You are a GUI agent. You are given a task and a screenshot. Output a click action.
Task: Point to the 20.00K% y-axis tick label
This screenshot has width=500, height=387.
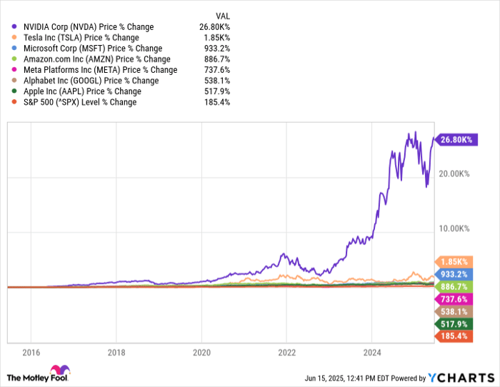point(454,174)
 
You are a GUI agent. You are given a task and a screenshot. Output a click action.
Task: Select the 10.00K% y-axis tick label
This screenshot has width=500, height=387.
point(454,228)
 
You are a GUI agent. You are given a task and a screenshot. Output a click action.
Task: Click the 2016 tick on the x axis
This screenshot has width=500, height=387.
point(31,352)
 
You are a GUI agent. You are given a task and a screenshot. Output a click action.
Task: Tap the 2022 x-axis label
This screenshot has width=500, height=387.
point(286,352)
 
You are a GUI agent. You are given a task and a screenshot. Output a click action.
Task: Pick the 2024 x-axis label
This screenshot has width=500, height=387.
point(371,352)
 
